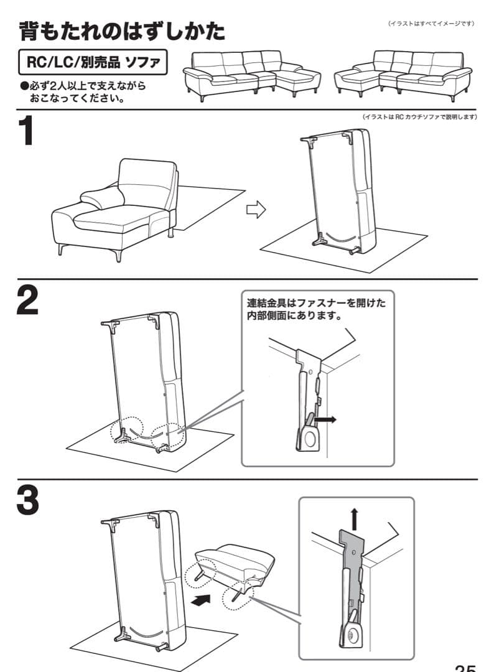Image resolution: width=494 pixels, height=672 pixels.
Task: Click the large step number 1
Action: click(x=26, y=133)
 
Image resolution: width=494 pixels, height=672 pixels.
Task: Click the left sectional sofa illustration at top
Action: click(x=252, y=75)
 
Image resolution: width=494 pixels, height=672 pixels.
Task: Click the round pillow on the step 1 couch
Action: click(x=98, y=200)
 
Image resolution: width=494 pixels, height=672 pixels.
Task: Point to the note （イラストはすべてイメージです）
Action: click(x=431, y=24)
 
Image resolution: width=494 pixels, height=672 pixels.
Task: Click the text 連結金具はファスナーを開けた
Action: click(x=316, y=304)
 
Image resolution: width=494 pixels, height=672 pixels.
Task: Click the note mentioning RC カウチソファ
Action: click(x=419, y=117)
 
